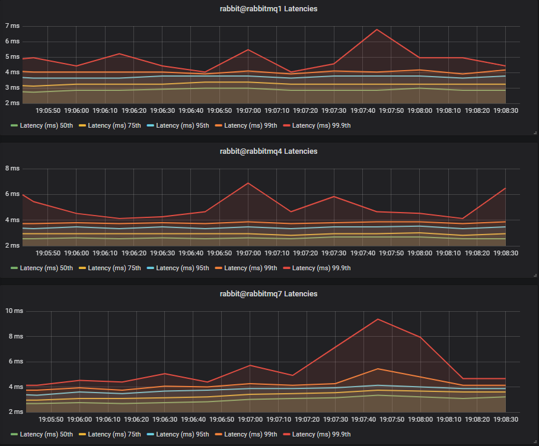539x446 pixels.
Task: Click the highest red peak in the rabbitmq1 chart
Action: pos(377,29)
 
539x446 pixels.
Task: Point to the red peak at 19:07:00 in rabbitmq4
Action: pos(248,183)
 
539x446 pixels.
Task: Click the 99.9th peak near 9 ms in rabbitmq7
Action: pos(377,319)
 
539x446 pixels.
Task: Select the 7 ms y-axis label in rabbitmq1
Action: pos(12,26)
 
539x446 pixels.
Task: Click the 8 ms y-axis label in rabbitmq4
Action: pos(12,169)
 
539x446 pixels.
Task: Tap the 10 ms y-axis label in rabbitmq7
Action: pos(14,311)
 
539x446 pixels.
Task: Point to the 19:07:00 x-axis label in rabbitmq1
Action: pos(248,110)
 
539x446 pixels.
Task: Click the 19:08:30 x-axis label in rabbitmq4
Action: pos(506,253)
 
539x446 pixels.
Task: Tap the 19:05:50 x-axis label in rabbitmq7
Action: pos(48,419)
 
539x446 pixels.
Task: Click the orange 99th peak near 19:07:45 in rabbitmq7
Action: pos(377,369)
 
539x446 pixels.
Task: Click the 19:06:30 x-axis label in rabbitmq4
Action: pos(162,253)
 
